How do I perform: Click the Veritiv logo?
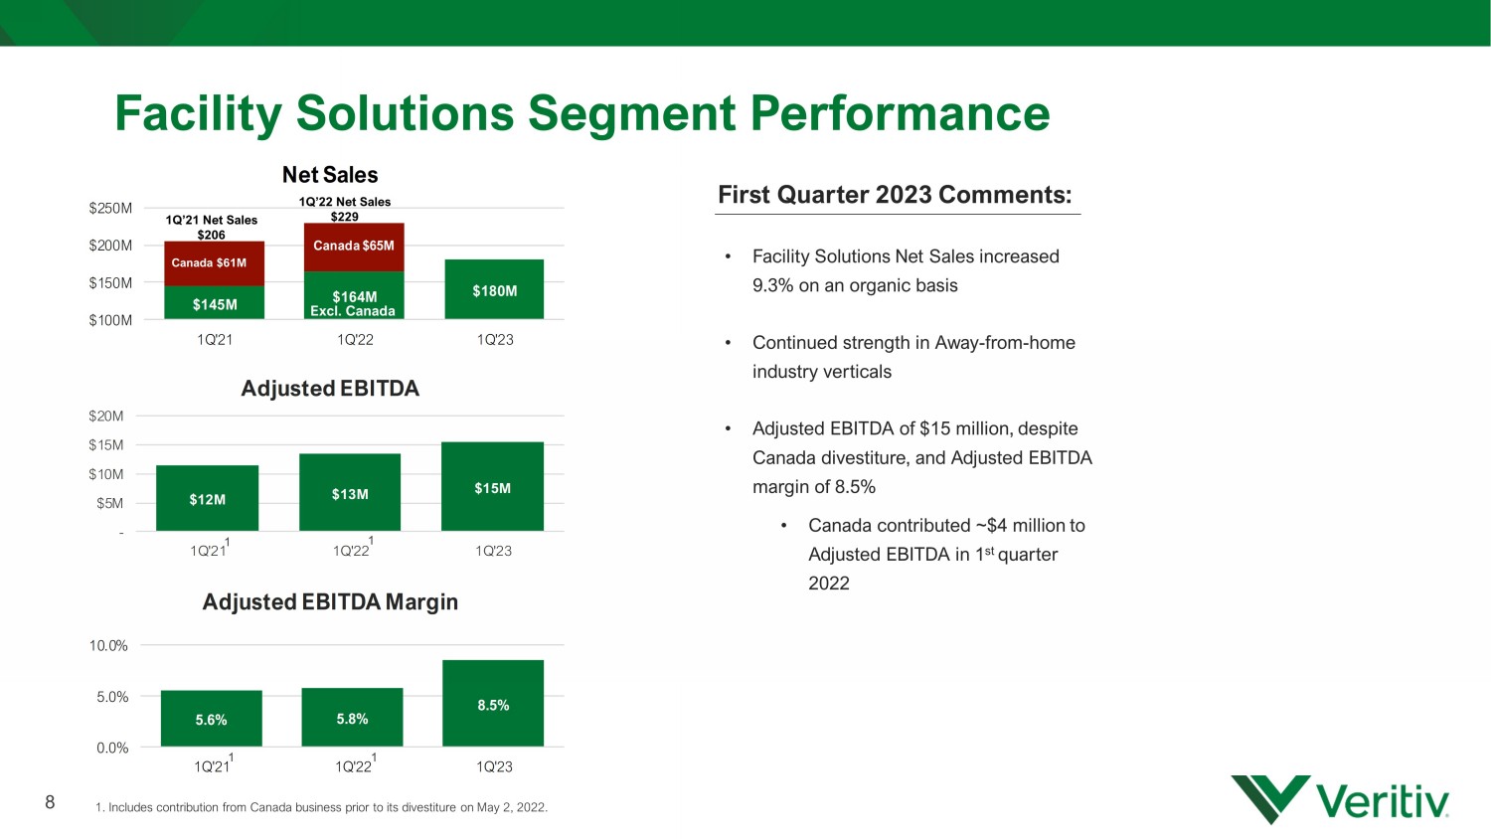[x=1339, y=799]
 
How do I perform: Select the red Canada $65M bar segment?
[x=354, y=248]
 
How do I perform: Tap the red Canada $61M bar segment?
[x=215, y=263]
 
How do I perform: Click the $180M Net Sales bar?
[x=494, y=289]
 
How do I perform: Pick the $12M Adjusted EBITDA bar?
[x=207, y=498]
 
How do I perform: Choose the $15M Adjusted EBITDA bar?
[x=493, y=486]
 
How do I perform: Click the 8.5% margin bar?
[x=493, y=703]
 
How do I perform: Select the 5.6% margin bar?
[x=211, y=719]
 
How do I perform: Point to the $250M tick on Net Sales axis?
[x=110, y=209]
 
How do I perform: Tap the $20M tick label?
[x=105, y=417]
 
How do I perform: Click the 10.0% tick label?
[x=108, y=645]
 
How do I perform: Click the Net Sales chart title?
[x=330, y=174]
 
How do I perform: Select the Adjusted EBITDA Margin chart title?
[x=330, y=602]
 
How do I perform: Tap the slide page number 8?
[x=50, y=801]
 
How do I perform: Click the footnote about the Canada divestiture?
[x=321, y=808]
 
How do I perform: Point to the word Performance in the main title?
[x=900, y=113]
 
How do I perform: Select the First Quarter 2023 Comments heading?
[x=896, y=195]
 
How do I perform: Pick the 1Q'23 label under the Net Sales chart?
[x=495, y=340]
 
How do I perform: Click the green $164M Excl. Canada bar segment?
[x=354, y=295]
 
